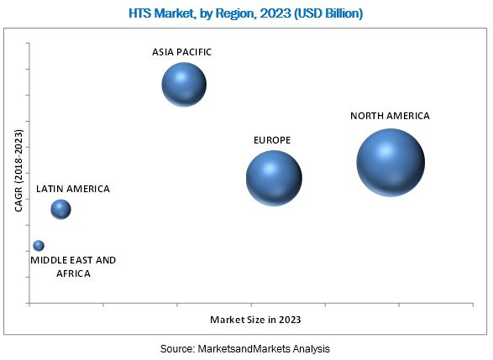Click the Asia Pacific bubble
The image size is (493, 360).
184,85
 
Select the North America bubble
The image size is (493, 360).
391,163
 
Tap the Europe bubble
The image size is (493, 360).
274,178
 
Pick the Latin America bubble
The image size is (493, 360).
60,209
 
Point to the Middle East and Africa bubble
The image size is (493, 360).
39,245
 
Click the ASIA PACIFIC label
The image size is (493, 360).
181,52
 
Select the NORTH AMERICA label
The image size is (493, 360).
390,116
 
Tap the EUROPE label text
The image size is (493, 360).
272,140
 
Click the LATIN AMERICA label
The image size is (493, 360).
73,189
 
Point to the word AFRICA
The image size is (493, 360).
73,274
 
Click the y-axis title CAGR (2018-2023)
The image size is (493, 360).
18,170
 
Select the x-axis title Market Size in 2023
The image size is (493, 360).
255,320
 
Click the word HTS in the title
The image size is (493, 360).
140,13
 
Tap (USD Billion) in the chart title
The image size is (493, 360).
328,13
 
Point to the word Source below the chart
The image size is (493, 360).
177,349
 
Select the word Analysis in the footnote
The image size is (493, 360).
312,349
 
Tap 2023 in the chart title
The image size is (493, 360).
275,13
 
